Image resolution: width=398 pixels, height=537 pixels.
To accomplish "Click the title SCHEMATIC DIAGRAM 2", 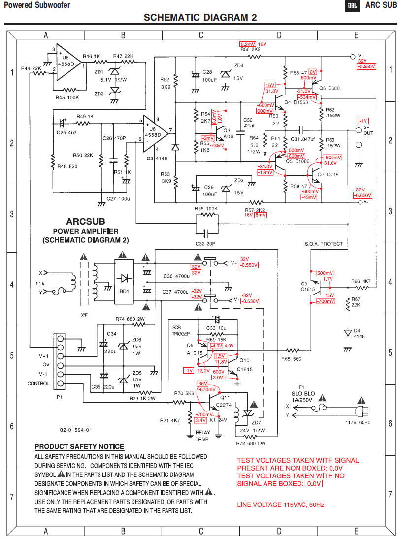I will point(200,18).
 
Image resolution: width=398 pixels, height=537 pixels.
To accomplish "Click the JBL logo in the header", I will point(353,5).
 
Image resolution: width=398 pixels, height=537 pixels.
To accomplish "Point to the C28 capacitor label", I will point(207,72).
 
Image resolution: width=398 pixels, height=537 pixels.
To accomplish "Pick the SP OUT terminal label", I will point(368,130).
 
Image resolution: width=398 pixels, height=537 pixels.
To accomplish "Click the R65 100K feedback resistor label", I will point(205,209).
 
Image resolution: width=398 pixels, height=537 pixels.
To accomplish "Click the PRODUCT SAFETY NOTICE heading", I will point(79,447).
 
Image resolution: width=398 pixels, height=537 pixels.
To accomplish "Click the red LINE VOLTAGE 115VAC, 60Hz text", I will point(281,505).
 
